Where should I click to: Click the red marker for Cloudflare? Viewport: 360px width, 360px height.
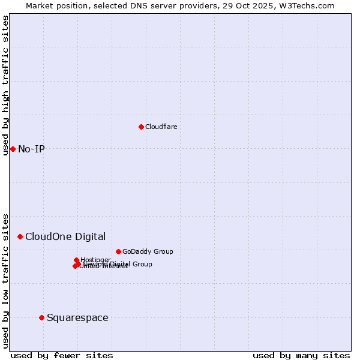141,127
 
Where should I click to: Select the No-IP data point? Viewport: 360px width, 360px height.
13,149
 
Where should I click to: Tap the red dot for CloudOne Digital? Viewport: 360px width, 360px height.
20,236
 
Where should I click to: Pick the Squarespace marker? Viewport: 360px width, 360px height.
41,317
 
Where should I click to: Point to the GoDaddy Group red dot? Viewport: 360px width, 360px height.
118,251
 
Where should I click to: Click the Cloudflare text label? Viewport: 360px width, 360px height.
161,127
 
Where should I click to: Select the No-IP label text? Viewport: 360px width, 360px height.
31,149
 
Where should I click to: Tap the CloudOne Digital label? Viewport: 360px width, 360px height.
65,236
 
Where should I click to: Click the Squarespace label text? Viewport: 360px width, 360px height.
77,317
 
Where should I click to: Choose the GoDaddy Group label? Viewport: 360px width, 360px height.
148,251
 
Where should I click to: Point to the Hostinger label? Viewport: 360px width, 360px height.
95,260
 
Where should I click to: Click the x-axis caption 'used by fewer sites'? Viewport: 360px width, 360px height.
62,355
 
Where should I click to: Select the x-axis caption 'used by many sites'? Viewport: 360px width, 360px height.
301,355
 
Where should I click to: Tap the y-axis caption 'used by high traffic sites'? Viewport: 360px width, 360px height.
5,85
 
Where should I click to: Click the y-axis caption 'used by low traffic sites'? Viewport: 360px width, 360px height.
5,280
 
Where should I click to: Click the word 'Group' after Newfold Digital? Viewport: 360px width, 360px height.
142,264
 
